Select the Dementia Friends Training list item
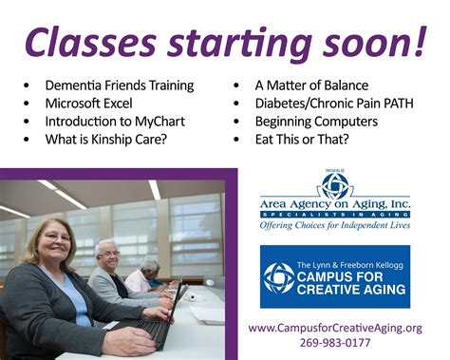[119, 85]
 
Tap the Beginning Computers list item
[316, 122]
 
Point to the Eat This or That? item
[301, 141]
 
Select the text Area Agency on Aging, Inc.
[335, 203]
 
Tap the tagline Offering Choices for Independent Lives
[335, 226]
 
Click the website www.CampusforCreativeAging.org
[335, 328]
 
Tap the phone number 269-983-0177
[335, 344]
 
